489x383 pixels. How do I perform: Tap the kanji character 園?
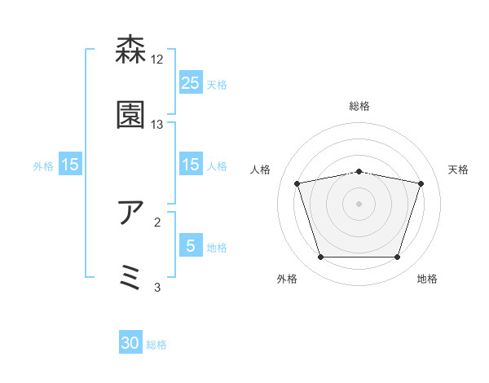(x=131, y=115)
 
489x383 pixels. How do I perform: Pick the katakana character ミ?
(x=131, y=277)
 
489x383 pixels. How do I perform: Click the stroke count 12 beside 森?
(x=157, y=59)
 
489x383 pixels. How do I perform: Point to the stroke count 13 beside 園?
(x=157, y=125)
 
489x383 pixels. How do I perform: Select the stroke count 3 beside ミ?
(x=157, y=287)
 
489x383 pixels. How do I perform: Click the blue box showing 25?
(x=190, y=82)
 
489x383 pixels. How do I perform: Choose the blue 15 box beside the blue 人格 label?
(x=190, y=165)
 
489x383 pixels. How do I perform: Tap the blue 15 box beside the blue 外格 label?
(x=70, y=165)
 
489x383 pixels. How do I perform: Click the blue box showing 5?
(x=190, y=245)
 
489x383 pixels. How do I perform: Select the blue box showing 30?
(x=130, y=343)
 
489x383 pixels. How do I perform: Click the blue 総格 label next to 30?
(x=157, y=345)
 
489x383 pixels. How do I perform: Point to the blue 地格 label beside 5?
(x=218, y=248)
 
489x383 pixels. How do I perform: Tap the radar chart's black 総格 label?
(x=359, y=106)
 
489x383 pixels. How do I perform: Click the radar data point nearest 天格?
(x=421, y=183)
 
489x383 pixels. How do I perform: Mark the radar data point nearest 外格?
(x=320, y=258)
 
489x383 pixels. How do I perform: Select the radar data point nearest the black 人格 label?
(x=297, y=183)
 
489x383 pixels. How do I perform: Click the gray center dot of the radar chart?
(x=359, y=204)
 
